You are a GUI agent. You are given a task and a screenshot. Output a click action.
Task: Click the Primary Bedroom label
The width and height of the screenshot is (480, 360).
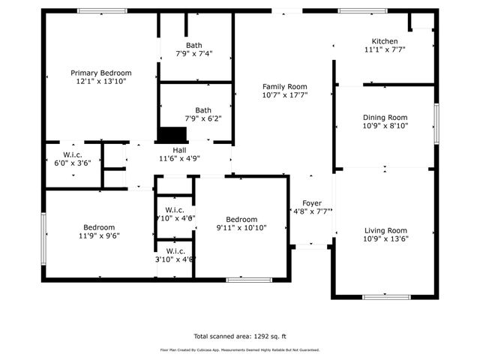(x=100, y=73)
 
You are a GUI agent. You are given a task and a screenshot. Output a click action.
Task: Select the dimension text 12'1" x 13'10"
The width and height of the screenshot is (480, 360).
(x=100, y=82)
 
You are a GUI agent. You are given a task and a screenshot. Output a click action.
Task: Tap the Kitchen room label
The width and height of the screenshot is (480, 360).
(x=385, y=41)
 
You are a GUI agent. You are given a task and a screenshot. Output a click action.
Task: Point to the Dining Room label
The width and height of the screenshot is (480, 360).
(x=385, y=117)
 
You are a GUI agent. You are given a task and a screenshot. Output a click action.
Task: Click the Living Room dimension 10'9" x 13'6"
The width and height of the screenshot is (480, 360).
(x=385, y=240)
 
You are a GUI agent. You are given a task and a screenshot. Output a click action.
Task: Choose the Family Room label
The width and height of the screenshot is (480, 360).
(x=285, y=86)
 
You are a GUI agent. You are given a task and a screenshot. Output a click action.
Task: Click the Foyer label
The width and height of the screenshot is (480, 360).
(x=312, y=203)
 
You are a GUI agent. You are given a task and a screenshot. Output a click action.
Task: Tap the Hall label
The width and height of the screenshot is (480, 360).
(x=179, y=149)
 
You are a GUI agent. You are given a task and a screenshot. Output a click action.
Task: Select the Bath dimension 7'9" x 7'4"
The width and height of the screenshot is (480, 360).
(x=195, y=54)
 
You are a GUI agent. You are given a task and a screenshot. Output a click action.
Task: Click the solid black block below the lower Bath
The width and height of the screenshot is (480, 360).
(x=172, y=134)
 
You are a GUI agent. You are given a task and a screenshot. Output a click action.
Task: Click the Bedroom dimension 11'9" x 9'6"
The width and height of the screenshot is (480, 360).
(x=99, y=236)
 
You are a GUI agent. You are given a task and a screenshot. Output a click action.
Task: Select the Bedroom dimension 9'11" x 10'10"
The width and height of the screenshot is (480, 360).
(x=242, y=228)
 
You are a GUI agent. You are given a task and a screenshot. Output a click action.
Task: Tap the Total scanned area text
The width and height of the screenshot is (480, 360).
(x=240, y=337)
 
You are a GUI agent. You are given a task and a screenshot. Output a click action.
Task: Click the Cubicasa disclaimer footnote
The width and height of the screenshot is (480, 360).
(x=240, y=350)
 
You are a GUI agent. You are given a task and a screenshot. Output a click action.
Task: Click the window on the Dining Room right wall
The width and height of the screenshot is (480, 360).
(x=436, y=119)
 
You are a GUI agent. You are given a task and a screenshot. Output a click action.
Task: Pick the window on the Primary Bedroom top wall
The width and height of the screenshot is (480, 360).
(x=102, y=10)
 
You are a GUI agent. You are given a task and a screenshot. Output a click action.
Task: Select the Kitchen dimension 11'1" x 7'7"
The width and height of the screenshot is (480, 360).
(x=385, y=50)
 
